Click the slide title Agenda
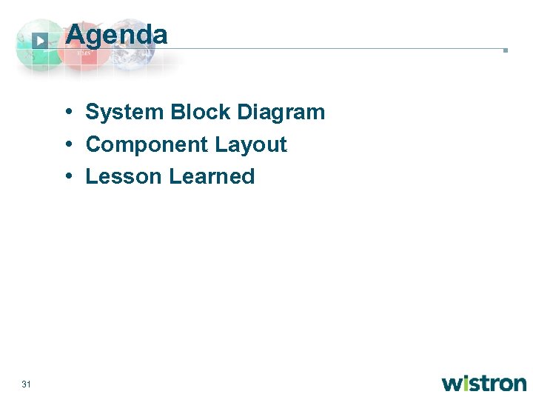click(116, 34)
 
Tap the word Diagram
click(281, 113)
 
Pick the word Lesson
click(124, 176)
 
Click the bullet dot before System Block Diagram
click(67, 113)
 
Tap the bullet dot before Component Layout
click(67, 144)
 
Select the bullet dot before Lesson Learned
click(67, 176)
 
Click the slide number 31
click(26, 384)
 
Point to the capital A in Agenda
click(75, 34)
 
